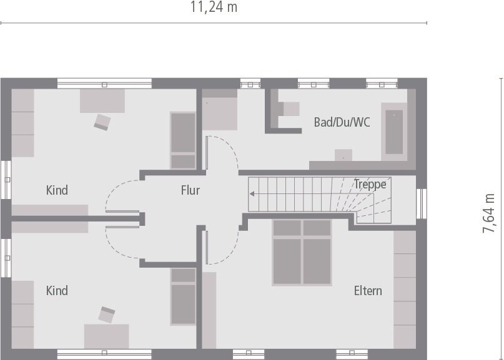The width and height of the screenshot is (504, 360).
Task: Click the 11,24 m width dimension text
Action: point(214,7)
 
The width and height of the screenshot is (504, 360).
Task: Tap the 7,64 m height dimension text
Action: point(489,213)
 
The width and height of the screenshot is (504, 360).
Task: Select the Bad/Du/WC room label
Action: point(342,122)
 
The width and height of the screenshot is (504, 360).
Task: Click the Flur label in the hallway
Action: point(190,190)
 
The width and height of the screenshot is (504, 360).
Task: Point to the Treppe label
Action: point(370,184)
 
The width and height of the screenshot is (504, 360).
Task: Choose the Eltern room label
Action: point(368,290)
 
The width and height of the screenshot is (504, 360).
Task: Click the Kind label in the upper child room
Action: point(57,190)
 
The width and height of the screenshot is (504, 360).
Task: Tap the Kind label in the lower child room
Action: point(57,290)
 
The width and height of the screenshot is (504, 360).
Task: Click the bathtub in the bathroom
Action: point(394,132)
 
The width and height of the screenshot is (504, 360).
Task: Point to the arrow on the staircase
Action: point(253,193)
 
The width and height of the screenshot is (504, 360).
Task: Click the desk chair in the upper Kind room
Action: point(102,121)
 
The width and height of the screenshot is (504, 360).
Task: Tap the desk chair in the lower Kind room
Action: point(107,314)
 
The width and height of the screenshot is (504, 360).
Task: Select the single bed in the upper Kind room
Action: point(183,140)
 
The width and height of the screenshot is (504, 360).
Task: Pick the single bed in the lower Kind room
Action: point(183,296)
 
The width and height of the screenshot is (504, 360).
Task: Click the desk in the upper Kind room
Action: point(102,100)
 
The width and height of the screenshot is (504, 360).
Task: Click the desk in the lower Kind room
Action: point(107,335)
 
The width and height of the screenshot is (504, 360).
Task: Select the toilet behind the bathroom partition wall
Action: point(291,109)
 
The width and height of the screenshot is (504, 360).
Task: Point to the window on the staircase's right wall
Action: point(422,203)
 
